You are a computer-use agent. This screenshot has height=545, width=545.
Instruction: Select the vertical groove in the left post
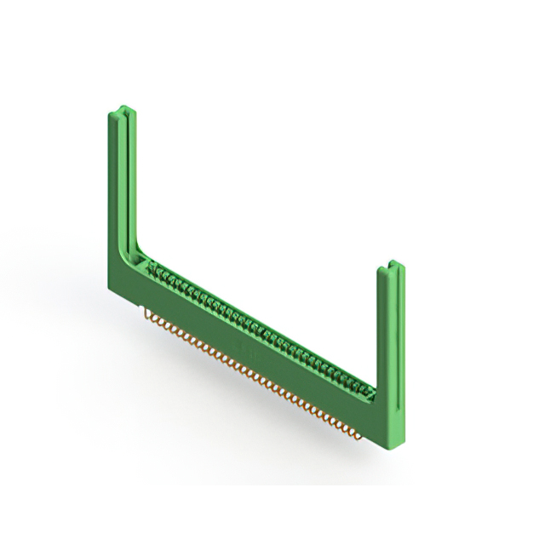125,179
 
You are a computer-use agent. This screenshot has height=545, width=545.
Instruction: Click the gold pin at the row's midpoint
255,375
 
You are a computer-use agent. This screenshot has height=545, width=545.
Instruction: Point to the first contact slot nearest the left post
155,271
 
